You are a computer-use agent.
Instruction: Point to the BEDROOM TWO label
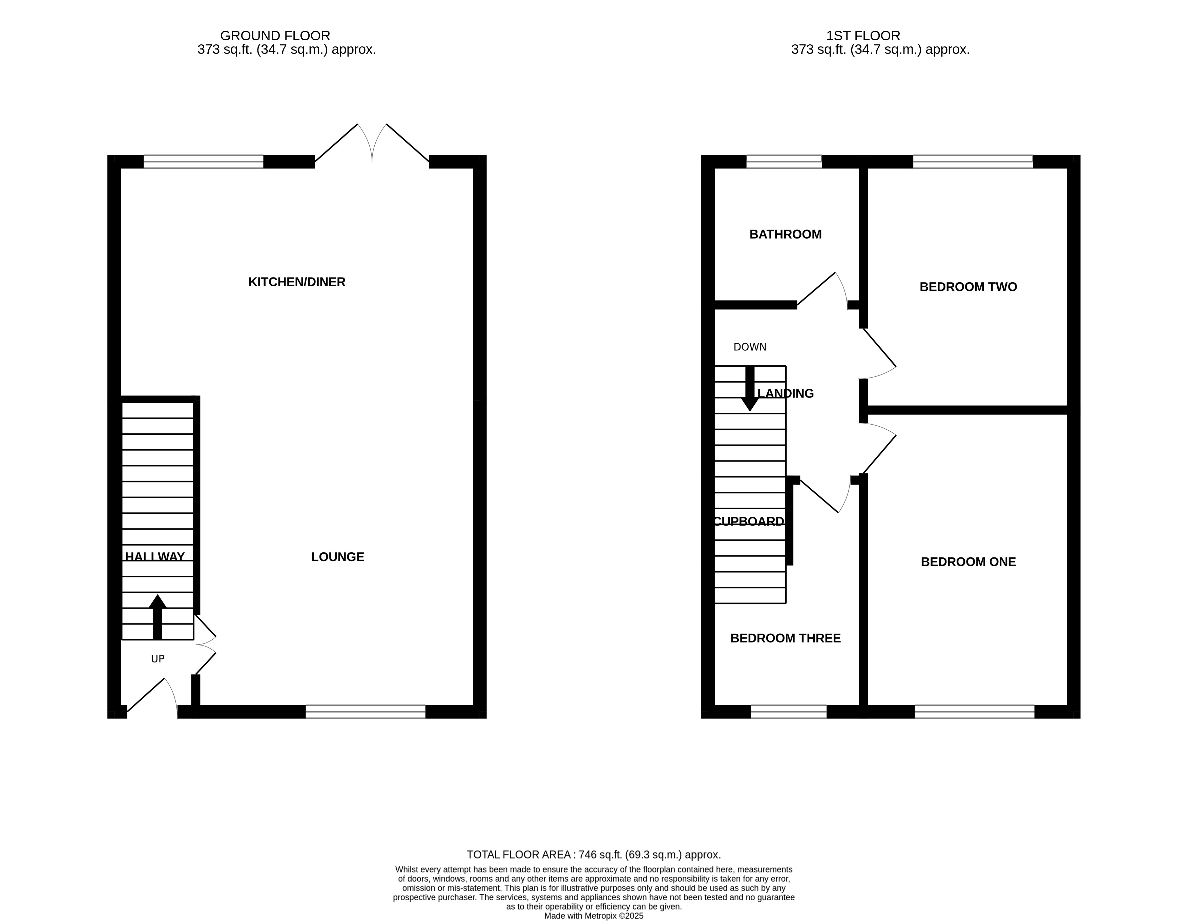pos(968,287)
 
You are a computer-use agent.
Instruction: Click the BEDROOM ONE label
pos(968,561)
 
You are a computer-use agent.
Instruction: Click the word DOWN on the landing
pos(750,347)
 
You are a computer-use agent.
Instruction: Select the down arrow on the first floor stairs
pos(750,389)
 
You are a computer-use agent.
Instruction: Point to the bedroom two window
pos(972,162)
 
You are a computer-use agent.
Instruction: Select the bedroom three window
pos(788,712)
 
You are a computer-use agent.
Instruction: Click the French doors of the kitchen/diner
pos(372,144)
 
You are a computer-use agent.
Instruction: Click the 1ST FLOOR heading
pos(863,36)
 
